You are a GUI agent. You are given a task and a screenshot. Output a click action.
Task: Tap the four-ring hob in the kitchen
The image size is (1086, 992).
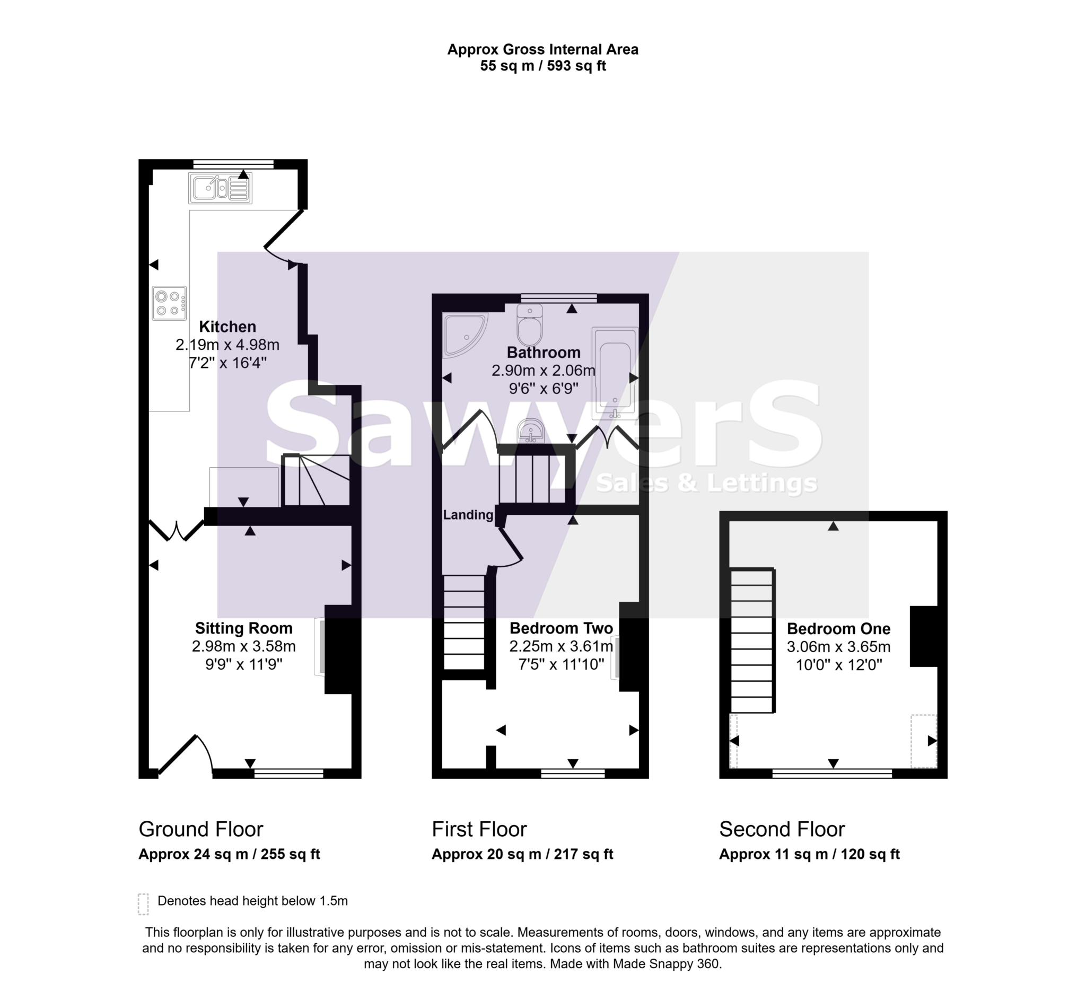169,303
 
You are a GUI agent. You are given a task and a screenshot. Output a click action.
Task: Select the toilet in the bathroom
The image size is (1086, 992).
530,326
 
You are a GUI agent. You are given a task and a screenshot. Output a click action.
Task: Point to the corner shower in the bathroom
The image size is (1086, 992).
463,334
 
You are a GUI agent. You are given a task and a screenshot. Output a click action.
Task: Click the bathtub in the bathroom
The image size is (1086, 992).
615,373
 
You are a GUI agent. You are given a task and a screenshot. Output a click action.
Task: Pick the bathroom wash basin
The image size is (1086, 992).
531,432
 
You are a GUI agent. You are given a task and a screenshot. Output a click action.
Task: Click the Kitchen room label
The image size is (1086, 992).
227,327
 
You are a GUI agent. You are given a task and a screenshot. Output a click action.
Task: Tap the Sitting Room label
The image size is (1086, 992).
243,628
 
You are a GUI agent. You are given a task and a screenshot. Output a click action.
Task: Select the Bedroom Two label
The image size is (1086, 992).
561,628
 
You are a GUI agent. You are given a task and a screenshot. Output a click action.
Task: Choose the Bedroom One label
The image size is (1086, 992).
838,628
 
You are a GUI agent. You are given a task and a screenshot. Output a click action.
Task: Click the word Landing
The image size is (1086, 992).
468,515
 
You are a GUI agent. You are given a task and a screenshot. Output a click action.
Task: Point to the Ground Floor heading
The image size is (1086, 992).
200,829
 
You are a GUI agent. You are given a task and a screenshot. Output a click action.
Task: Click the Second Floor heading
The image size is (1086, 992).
782,829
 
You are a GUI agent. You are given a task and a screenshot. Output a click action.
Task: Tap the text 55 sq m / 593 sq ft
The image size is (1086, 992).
542,66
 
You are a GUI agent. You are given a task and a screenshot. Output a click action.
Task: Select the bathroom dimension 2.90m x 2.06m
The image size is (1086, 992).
543,371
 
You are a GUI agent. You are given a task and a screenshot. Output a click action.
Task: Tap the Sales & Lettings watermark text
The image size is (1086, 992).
706,483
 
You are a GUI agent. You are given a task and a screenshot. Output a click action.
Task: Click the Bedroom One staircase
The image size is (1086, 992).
752,641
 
